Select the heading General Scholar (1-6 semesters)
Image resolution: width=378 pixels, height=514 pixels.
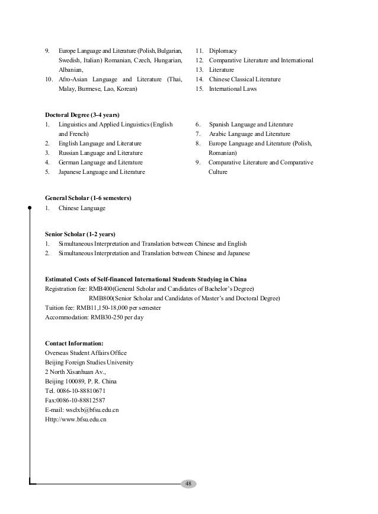[88, 198]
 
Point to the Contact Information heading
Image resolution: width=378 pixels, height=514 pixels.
[75, 343]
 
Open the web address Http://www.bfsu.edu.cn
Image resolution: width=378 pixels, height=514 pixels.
[75, 419]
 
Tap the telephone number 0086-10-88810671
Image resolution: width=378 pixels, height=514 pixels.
[82, 391]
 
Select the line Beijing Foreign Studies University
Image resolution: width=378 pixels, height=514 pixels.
[89, 362]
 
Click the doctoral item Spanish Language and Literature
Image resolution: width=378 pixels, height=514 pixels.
[251, 125]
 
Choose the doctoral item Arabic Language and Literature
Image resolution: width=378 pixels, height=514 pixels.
[249, 134]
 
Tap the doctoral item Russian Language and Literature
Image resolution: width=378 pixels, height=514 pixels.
[100, 153]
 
